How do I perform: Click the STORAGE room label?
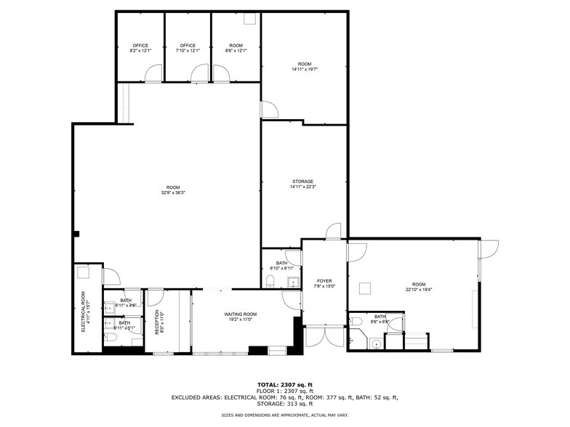tap(302, 181)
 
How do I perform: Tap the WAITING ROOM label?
tap(240, 314)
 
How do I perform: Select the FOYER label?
tap(324, 281)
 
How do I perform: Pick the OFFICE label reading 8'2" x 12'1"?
tap(140, 45)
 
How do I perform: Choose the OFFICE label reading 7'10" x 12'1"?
tap(188, 45)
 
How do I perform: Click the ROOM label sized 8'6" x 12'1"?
tap(236, 45)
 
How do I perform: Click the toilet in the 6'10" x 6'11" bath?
tap(271, 286)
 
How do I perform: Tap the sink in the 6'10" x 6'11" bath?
tap(292, 282)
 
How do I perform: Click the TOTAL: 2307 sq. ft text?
tap(284, 384)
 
